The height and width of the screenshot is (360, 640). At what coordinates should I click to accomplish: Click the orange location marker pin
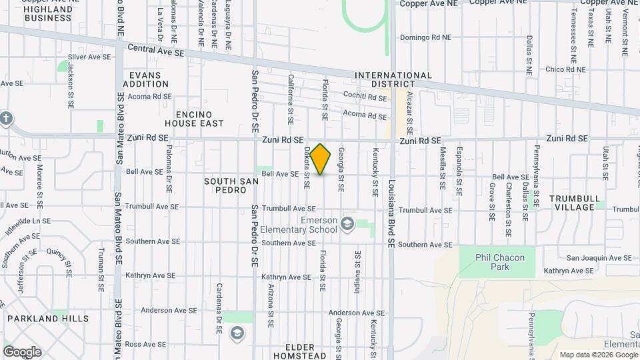pyautogui.click(x=321, y=159)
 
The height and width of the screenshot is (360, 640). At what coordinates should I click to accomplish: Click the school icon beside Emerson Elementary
pyautogui.click(x=347, y=223)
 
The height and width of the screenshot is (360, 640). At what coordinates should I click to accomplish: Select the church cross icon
pyautogui.click(x=6, y=119)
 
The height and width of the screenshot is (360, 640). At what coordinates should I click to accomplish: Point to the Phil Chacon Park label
pyautogui.click(x=500, y=262)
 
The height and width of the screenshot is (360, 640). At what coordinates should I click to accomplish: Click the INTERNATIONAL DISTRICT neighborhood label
pyautogui.click(x=393, y=79)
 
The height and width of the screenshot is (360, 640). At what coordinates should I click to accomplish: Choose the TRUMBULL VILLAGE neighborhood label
pyautogui.click(x=572, y=203)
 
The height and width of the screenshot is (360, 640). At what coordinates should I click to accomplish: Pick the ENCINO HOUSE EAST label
pyautogui.click(x=194, y=119)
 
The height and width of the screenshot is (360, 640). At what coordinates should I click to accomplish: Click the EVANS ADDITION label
pyautogui.click(x=145, y=79)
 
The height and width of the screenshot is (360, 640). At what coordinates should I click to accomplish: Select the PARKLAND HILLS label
pyautogui.click(x=48, y=319)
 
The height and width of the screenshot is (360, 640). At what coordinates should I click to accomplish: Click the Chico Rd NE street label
pyautogui.click(x=565, y=69)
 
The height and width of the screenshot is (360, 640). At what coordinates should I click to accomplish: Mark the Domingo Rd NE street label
pyautogui.click(x=427, y=37)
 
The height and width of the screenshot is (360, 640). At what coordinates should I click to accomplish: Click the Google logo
pyautogui.click(x=22, y=352)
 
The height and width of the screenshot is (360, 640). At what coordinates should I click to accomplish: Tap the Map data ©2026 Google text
pyautogui.click(x=597, y=355)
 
